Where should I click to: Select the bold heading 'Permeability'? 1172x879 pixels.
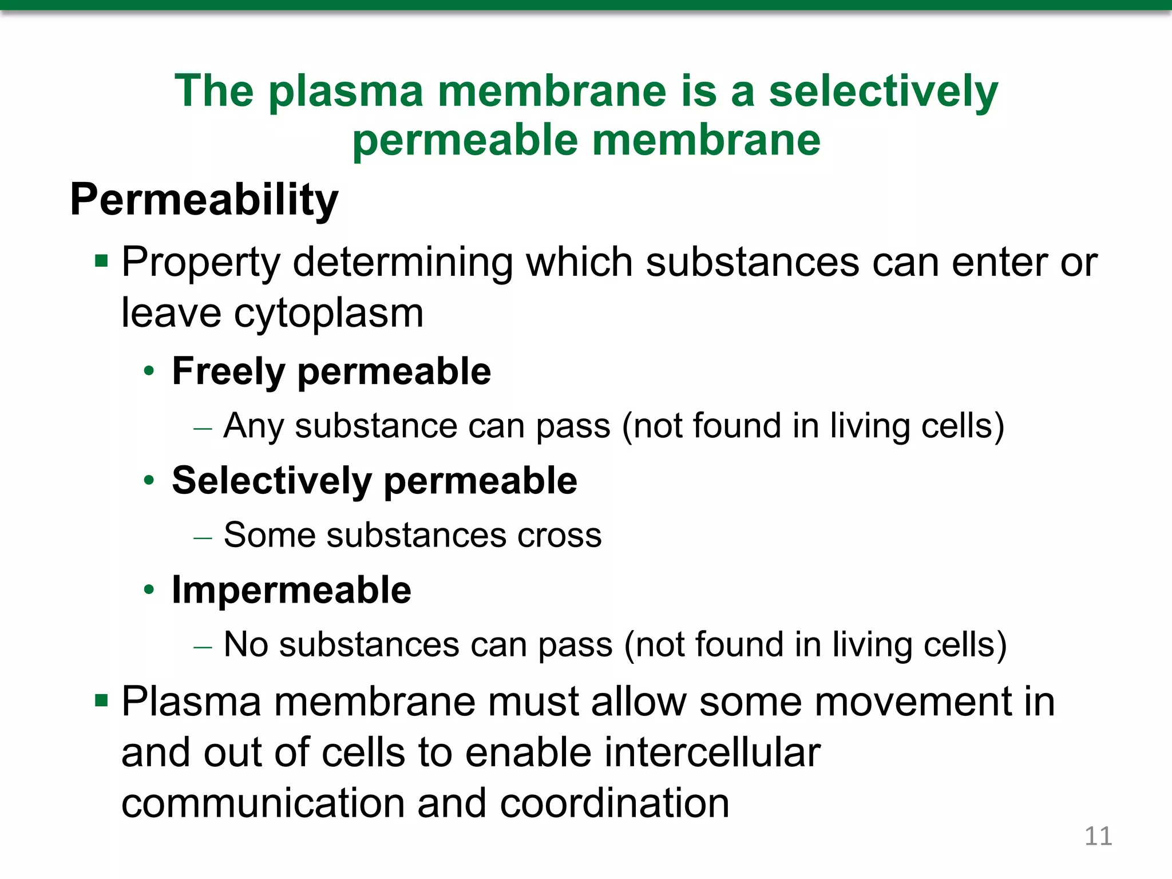pos(204,200)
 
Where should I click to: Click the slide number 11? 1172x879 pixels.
pos(1098,836)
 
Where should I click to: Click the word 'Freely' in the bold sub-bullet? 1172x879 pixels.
pos(228,371)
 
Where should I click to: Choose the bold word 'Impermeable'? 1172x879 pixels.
pos(291,590)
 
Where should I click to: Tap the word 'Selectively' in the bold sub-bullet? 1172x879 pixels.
pos(272,481)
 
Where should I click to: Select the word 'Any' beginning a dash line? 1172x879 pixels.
pos(252,426)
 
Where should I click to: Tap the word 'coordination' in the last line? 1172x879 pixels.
pos(614,803)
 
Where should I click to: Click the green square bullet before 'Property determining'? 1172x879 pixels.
pos(101,262)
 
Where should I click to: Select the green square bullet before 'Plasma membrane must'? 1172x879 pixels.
pos(101,700)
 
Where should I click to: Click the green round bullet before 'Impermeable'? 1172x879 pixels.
pos(149,590)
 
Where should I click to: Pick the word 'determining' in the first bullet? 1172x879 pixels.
pos(402,263)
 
